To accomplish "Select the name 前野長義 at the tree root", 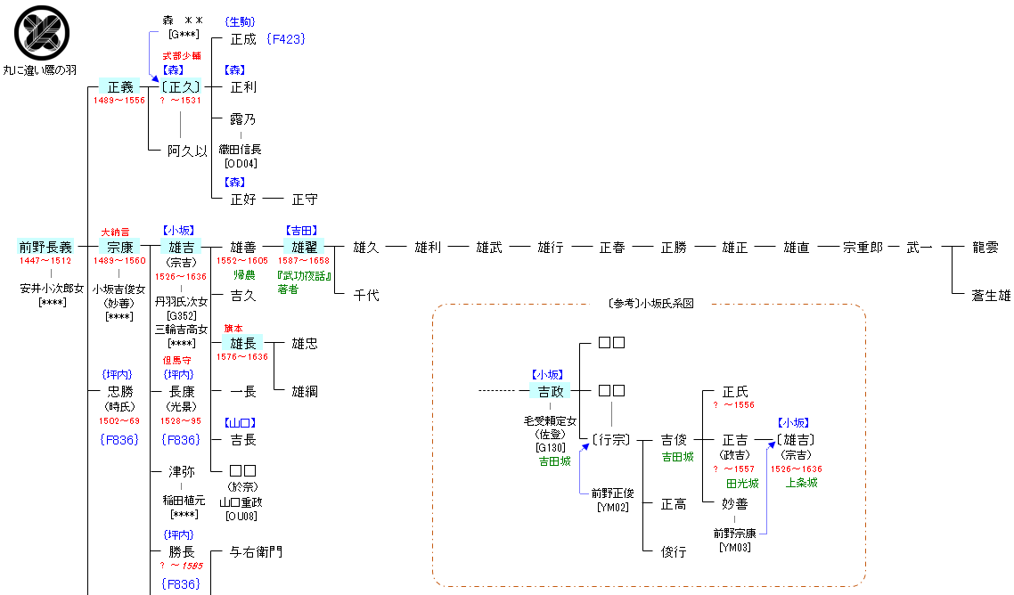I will point(45,248).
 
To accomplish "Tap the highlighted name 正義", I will point(119,87).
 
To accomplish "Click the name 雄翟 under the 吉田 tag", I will point(305,248).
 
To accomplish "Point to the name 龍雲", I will point(985,248).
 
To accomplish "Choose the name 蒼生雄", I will point(991,296).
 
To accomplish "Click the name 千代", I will point(366,296).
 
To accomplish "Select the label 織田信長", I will point(241,150).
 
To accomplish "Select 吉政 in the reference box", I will point(551,391).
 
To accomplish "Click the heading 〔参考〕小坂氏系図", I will point(649,304).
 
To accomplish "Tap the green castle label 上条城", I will point(802,483).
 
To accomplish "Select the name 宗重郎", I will point(863,248).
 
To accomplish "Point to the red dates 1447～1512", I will point(45,261).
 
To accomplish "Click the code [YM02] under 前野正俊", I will point(612,507).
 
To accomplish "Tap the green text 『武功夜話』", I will point(304,275).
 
